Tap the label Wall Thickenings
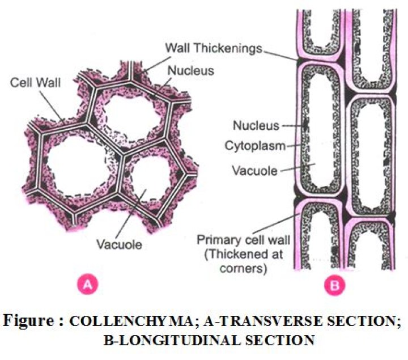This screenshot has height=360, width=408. (x=214, y=48)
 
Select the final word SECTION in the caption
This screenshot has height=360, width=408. (x=271, y=340)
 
